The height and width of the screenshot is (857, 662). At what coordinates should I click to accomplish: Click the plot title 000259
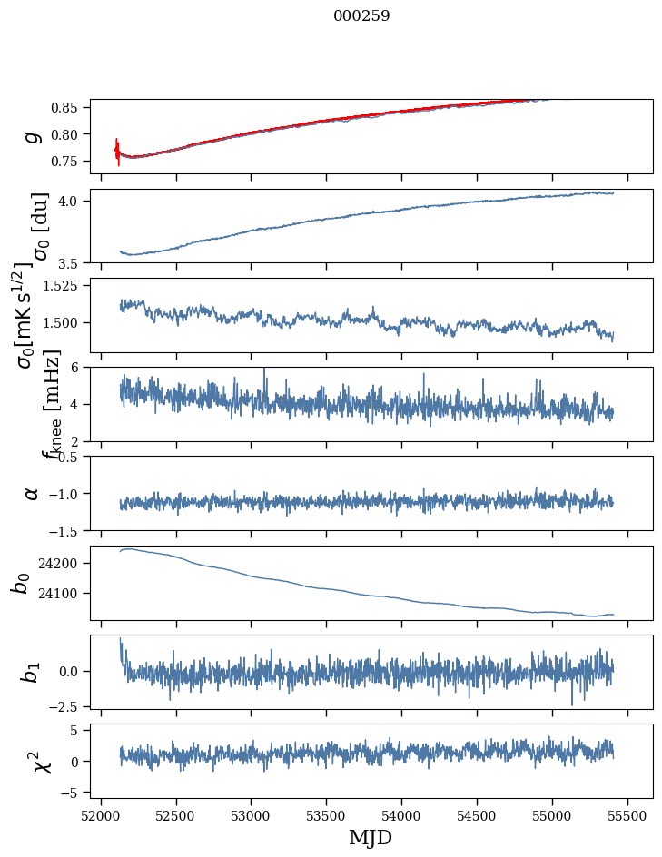coord(361,16)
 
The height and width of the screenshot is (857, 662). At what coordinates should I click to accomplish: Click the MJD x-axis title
coord(371,837)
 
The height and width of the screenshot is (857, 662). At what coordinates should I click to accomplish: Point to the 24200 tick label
coord(63,564)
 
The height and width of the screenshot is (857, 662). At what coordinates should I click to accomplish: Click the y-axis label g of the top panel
coord(32,136)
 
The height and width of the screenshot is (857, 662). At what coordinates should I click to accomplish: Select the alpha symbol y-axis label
coord(32,493)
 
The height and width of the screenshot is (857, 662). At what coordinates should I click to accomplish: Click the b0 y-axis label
coord(20,582)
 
